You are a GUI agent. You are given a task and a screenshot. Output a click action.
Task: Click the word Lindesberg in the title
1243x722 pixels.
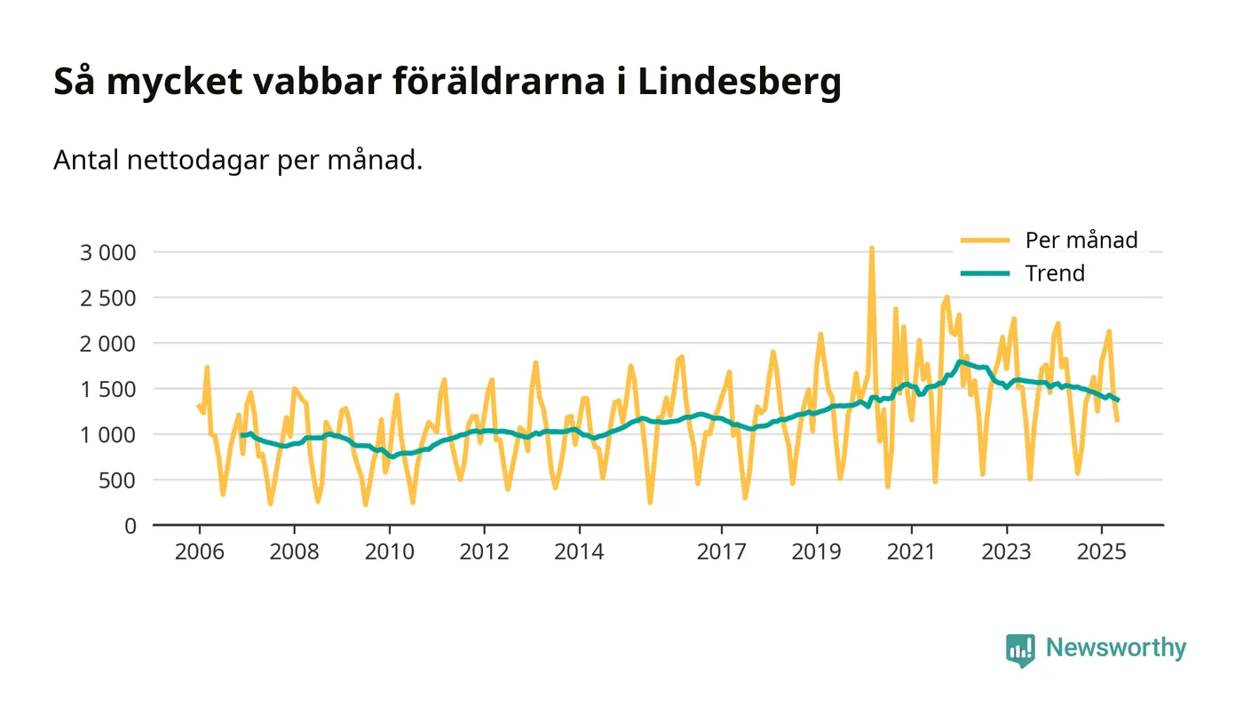739,83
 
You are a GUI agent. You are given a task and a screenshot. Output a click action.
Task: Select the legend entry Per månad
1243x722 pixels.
1081,240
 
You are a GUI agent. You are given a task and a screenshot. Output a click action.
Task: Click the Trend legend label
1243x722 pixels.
1055,273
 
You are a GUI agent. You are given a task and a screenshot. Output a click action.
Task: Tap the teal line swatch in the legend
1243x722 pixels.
986,273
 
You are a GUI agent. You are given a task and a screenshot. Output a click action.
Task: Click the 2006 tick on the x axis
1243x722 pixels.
199,552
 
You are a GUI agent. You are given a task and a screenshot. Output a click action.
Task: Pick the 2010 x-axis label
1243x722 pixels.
389,552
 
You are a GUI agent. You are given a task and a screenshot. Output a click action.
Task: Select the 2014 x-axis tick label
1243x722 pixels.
579,552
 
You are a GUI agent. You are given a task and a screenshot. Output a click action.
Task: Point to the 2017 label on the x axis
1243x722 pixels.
722,552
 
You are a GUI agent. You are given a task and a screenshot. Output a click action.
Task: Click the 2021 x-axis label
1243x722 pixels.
912,552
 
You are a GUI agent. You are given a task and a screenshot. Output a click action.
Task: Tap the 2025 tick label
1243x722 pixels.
1102,552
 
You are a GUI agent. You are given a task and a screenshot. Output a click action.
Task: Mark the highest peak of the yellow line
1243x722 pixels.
871,248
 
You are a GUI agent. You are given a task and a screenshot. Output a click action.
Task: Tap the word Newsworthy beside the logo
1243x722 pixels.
1115,648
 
